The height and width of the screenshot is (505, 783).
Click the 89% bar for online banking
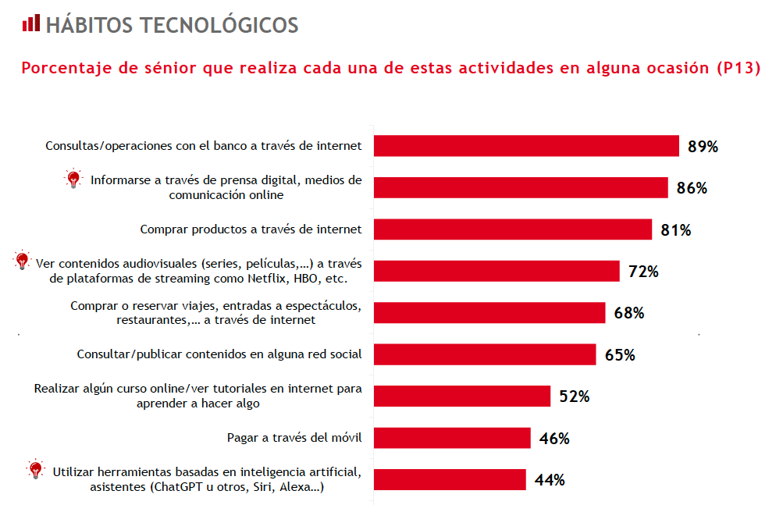coord(526,146)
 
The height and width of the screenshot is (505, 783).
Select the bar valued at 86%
coord(521,187)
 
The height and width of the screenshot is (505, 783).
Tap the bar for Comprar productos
coord(513,229)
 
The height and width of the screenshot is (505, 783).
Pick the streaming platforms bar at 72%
coord(496,271)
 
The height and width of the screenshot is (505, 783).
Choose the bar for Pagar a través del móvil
coord(452,438)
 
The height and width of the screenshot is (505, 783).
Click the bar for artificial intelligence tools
coord(450,479)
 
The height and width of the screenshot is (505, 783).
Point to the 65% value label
coord(620,355)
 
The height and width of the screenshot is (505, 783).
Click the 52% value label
coord(574,397)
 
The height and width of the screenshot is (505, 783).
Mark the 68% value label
coord(628,313)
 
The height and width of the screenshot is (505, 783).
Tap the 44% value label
coord(550,480)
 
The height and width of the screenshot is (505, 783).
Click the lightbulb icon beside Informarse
coord(73,179)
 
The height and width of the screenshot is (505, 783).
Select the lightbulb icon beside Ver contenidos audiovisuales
coord(22,261)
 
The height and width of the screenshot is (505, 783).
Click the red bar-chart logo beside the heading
coord(30,23)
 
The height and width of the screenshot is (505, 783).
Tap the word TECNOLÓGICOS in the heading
coord(219,25)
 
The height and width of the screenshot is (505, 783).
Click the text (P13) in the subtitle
coord(738,68)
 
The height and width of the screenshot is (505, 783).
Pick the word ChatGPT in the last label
coord(186,486)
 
